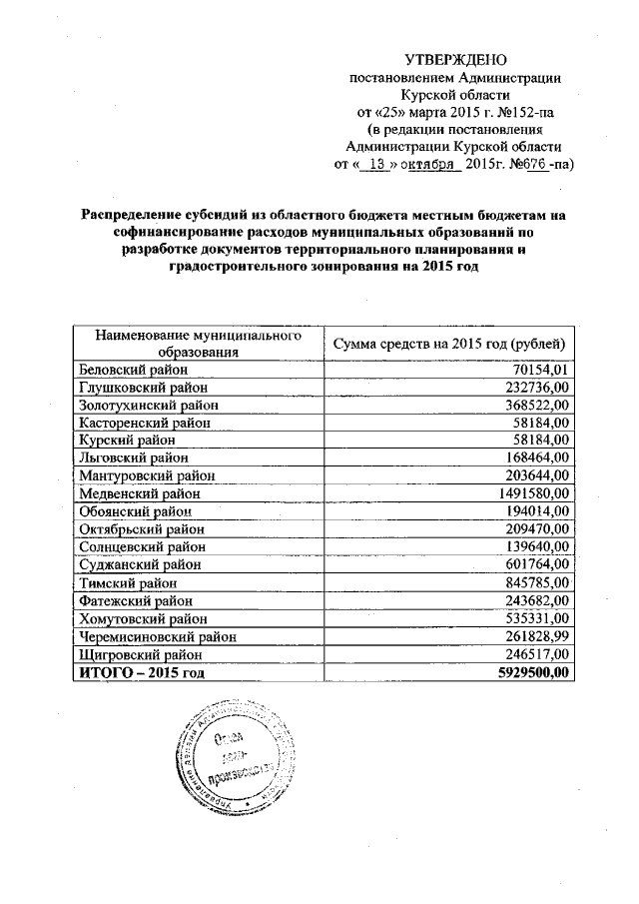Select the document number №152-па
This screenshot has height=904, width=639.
click(520, 112)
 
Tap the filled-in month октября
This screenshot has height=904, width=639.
click(429, 164)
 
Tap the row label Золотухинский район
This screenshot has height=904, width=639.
click(148, 405)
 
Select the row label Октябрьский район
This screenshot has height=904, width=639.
click(142, 527)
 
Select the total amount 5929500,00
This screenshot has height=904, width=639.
click(531, 671)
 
